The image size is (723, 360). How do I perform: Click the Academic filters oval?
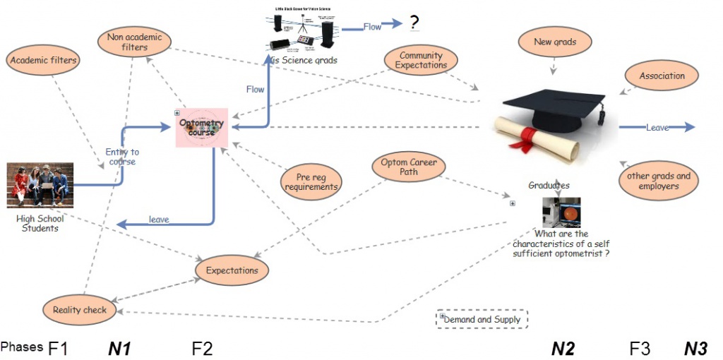click(43, 61)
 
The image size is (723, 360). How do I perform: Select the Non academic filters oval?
click(134, 42)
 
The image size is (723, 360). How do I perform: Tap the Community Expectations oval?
click(421, 61)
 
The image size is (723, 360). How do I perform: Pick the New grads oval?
click(554, 42)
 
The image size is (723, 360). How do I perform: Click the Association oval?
click(662, 76)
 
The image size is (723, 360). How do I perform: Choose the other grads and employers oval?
click(654, 181)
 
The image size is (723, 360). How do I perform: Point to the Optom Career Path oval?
click(408, 167)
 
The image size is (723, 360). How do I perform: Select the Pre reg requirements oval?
click(311, 182)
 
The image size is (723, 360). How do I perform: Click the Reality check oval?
click(80, 310)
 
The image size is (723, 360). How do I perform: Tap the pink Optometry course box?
click(201, 128)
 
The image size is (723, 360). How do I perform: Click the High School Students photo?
click(40, 185)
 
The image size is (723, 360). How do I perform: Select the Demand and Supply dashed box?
click(482, 320)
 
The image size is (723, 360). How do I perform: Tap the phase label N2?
click(563, 347)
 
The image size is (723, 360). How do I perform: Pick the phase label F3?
click(640, 347)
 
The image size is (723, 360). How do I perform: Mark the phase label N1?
click(119, 347)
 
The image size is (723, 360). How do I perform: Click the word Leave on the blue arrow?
click(657, 128)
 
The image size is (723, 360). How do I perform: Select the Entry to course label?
click(122, 157)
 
